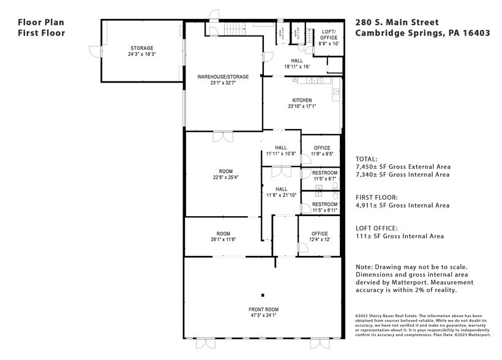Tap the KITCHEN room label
click(x=302, y=100)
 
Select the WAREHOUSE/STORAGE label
click(x=223, y=77)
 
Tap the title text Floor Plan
click(x=41, y=21)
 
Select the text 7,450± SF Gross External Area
click(x=403, y=167)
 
